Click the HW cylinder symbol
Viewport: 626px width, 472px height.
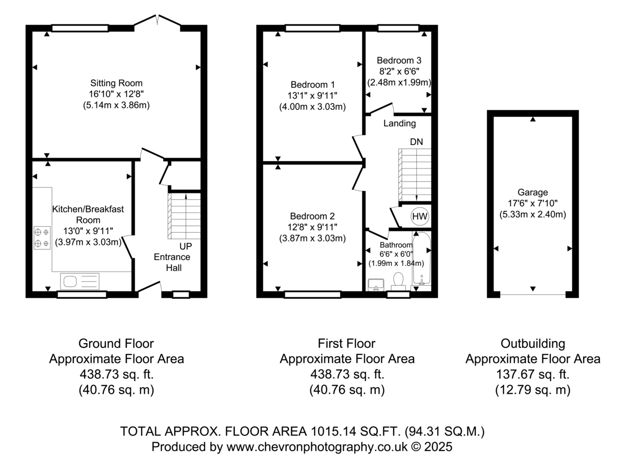[x=419, y=216]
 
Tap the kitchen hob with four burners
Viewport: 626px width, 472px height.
[x=42, y=238]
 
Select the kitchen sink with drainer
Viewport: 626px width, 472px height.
[x=80, y=282]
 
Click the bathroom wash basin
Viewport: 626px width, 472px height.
[x=376, y=285]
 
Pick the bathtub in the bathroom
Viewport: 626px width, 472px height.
[x=421, y=259]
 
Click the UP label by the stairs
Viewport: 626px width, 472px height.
[x=186, y=246]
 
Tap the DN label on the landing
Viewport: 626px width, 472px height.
[x=416, y=142]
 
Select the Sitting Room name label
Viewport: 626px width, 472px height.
[x=116, y=83]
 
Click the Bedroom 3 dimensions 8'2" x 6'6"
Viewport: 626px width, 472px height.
[x=399, y=71]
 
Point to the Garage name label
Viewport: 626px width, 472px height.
[x=533, y=192]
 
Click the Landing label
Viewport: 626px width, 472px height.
[x=400, y=124]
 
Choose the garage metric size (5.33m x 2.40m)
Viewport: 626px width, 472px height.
[x=533, y=214]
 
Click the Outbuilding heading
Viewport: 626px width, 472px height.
[x=533, y=344]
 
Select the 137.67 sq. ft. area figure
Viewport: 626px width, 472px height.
[x=533, y=374]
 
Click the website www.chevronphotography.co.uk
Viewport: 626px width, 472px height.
[x=317, y=446]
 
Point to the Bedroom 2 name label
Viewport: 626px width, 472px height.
[x=312, y=216]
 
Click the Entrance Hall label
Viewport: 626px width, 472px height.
[x=172, y=262]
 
